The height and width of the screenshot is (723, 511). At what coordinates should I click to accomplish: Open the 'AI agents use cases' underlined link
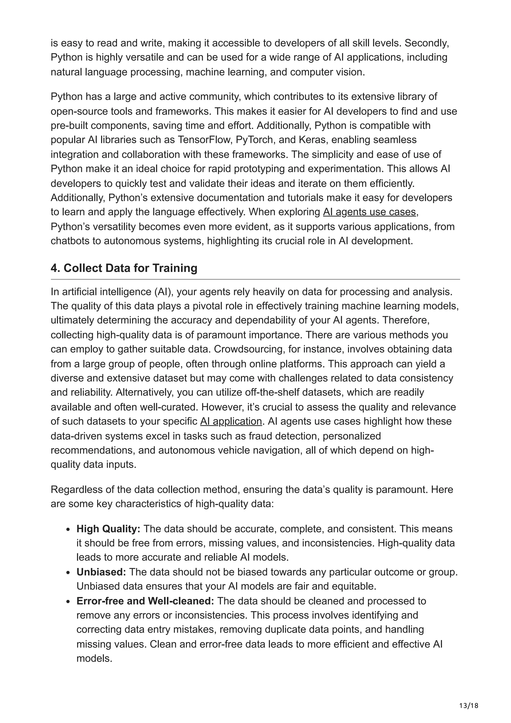click(x=369, y=212)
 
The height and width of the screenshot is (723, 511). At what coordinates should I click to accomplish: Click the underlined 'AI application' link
click(x=231, y=421)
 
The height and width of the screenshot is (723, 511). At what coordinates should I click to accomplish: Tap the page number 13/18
click(x=469, y=706)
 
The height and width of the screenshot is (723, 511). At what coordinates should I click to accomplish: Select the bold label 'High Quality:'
click(x=108, y=529)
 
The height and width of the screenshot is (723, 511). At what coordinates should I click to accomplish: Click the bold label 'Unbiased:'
click(x=101, y=572)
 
